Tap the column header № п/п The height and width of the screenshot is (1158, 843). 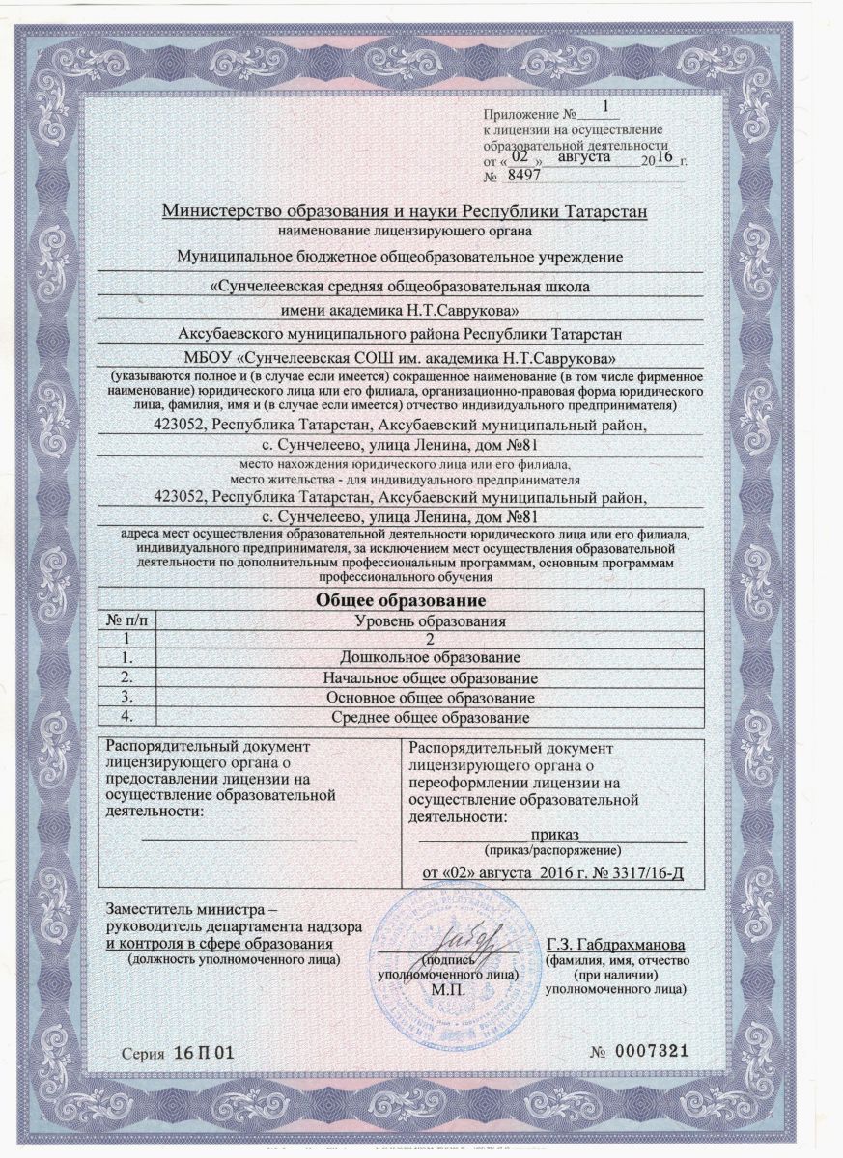(x=127, y=620)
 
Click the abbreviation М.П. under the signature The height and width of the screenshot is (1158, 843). (x=448, y=990)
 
